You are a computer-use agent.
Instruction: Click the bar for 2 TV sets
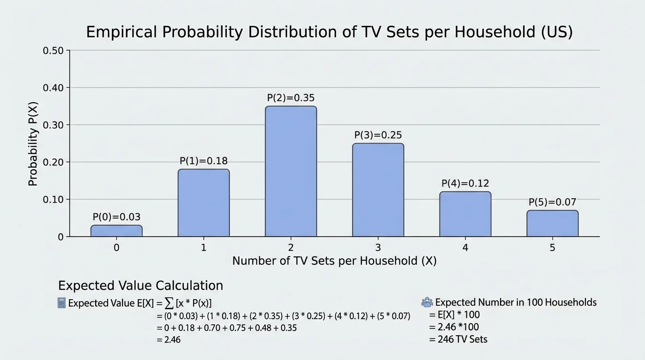click(x=291, y=172)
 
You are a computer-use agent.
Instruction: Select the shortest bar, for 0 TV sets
click(x=116, y=231)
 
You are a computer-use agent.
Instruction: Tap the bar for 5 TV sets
click(x=552, y=224)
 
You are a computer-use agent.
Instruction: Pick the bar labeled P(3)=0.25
click(x=378, y=190)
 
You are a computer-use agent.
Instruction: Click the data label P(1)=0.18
click(x=203, y=161)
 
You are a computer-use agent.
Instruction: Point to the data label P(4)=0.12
click(x=465, y=183)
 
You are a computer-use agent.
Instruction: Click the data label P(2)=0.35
click(x=291, y=98)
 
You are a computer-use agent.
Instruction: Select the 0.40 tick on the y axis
click(x=56, y=88)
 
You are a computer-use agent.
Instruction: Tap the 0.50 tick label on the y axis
click(x=56, y=51)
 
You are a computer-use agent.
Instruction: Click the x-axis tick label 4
click(x=465, y=247)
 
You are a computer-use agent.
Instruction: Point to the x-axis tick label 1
click(x=203, y=247)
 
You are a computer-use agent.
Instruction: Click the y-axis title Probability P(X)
click(x=33, y=143)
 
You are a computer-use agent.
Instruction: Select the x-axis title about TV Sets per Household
click(x=334, y=261)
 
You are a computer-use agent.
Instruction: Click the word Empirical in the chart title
click(x=125, y=32)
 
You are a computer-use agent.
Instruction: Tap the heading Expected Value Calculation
click(x=140, y=285)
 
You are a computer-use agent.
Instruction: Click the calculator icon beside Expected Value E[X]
click(x=61, y=303)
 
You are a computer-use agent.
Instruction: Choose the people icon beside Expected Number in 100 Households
click(x=427, y=302)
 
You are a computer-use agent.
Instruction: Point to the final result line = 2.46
click(x=169, y=340)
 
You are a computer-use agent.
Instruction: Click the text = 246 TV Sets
click(x=458, y=339)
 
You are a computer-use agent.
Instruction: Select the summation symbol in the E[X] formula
click(x=168, y=303)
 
